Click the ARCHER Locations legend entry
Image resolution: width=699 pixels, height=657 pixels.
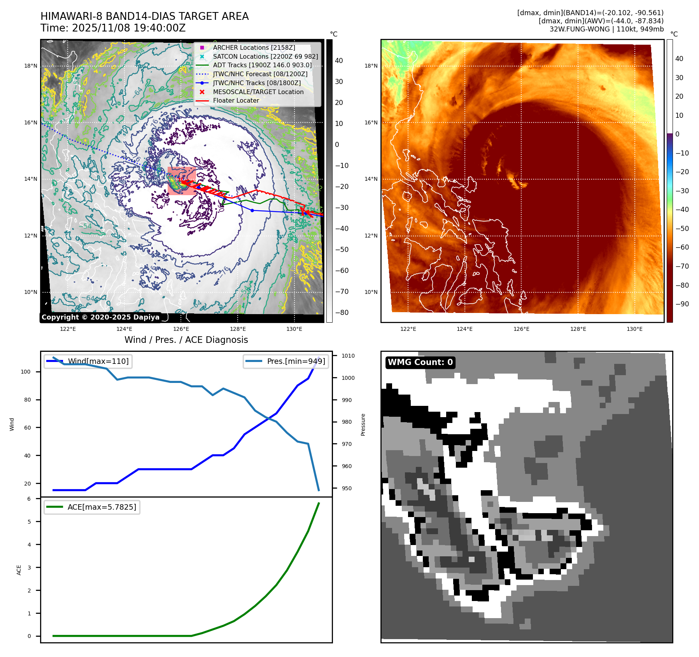pyautogui.click(x=254, y=47)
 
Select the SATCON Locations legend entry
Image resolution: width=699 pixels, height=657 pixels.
pyautogui.click(x=265, y=56)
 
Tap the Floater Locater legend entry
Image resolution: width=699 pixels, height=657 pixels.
pyautogui.click(x=236, y=100)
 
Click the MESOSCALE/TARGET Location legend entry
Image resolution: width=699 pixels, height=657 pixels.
pyautogui.click(x=258, y=92)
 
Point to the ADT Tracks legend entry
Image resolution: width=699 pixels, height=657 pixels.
pyautogui.click(x=262, y=65)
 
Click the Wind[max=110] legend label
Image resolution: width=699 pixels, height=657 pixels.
pyautogui.click(x=98, y=361)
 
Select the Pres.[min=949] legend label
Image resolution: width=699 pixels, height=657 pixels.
pyautogui.click(x=296, y=361)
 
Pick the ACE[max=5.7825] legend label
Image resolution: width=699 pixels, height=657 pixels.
pyautogui.click(x=102, y=507)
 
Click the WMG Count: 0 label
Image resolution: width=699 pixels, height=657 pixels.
pyautogui.click(x=420, y=362)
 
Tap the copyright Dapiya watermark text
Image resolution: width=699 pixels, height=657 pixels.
pyautogui.click(x=100, y=317)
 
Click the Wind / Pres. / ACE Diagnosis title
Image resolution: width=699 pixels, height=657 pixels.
pyautogui.click(x=186, y=340)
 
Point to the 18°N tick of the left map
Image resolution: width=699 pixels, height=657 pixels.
pyautogui.click(x=31, y=66)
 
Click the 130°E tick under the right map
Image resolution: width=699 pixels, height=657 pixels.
pyautogui.click(x=634, y=329)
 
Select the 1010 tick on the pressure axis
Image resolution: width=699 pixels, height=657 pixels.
pyautogui.click(x=348, y=356)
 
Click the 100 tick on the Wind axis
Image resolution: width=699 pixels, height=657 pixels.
pyautogui.click(x=25, y=372)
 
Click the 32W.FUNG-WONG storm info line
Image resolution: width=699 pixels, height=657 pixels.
pyautogui.click(x=606, y=29)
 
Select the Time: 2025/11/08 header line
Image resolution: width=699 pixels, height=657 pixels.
pyautogui.click(x=113, y=28)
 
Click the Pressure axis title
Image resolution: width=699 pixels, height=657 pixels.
pyautogui.click(x=363, y=425)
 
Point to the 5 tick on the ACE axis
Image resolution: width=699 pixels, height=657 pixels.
pyautogui.click(x=29, y=522)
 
